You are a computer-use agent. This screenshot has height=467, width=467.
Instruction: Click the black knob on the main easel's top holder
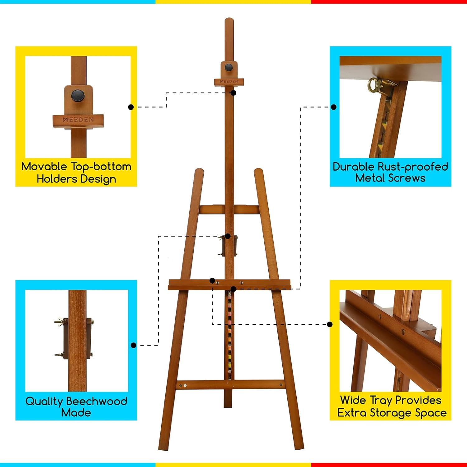pyautogui.click(x=229, y=67)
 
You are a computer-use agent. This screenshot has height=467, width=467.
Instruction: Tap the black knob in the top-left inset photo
pyautogui.click(x=77, y=95)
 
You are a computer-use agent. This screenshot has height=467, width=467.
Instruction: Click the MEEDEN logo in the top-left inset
pyautogui.click(x=78, y=120)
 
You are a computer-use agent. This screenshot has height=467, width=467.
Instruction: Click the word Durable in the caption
pyautogui.click(x=353, y=167)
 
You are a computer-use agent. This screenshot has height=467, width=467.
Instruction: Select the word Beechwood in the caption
pyautogui.click(x=97, y=401)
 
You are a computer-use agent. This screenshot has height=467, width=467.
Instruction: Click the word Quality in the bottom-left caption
pyautogui.click(x=44, y=401)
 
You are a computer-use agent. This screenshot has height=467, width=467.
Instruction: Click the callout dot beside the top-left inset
pyautogui.click(x=131, y=107)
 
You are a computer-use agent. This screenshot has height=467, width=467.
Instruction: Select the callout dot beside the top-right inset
pyautogui.click(x=334, y=107)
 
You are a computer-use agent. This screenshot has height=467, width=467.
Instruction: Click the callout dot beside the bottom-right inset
pyautogui.click(x=330, y=324)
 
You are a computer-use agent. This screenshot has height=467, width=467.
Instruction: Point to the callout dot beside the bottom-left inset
pyautogui.click(x=134, y=345)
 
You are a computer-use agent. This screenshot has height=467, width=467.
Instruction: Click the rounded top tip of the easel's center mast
pyautogui.click(x=229, y=21)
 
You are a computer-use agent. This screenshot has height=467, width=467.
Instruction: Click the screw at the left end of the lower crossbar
pyautogui.click(x=185, y=385)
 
